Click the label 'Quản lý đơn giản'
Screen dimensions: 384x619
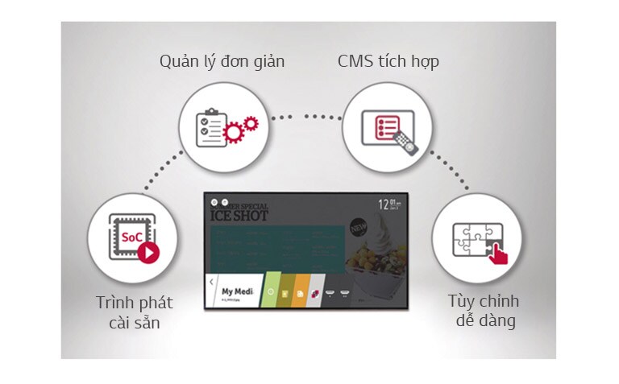[x=222, y=62]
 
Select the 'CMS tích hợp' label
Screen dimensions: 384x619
[x=388, y=62]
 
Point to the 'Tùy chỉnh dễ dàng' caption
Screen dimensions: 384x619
[x=484, y=312]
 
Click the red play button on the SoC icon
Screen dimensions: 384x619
[x=147, y=253]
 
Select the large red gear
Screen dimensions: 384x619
[x=235, y=134]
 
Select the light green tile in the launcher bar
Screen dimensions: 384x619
[x=272, y=292]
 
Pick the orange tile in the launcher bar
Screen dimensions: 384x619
[x=301, y=292]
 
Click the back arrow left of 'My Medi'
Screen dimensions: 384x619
[x=211, y=283]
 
